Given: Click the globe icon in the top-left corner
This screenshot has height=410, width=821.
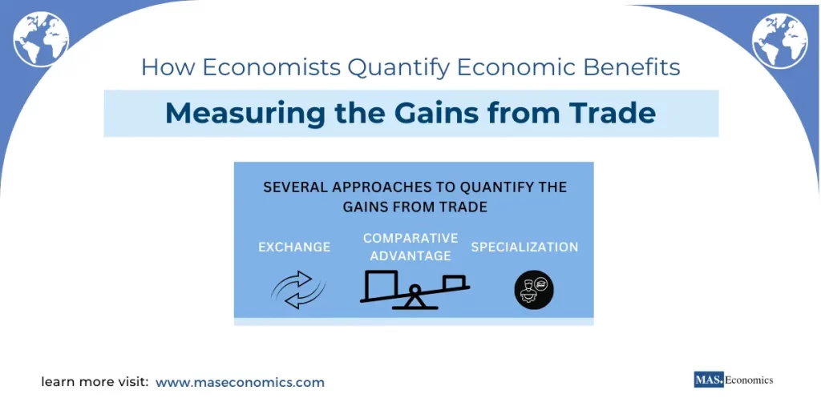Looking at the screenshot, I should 41,39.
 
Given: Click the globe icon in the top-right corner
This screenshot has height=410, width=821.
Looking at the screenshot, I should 779,39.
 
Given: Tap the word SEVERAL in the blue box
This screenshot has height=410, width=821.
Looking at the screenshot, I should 295,187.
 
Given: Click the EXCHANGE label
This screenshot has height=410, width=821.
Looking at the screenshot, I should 294,247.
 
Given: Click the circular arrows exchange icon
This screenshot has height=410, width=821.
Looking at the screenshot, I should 297,290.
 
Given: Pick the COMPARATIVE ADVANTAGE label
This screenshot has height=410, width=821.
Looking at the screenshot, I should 410,247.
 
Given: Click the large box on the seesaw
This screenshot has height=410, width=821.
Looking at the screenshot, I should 382,283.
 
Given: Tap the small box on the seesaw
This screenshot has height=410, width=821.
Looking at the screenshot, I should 453,281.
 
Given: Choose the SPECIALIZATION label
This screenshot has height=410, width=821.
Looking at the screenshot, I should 524,247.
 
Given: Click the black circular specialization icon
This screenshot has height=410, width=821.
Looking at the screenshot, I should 533,290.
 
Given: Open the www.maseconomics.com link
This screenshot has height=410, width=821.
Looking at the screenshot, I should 240,383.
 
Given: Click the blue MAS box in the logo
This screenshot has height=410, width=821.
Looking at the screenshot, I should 709,380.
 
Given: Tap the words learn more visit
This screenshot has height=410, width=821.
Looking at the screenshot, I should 95,383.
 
